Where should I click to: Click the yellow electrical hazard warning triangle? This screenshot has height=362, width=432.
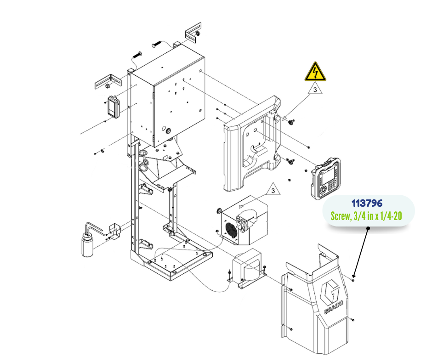click(315, 73)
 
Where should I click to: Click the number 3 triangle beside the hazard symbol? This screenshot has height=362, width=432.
click(315, 90)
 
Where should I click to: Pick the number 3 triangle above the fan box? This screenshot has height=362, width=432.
click(273, 190)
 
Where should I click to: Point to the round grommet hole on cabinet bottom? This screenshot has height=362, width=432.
click(170, 131)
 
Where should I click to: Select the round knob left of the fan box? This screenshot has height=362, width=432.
click(219, 211)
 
